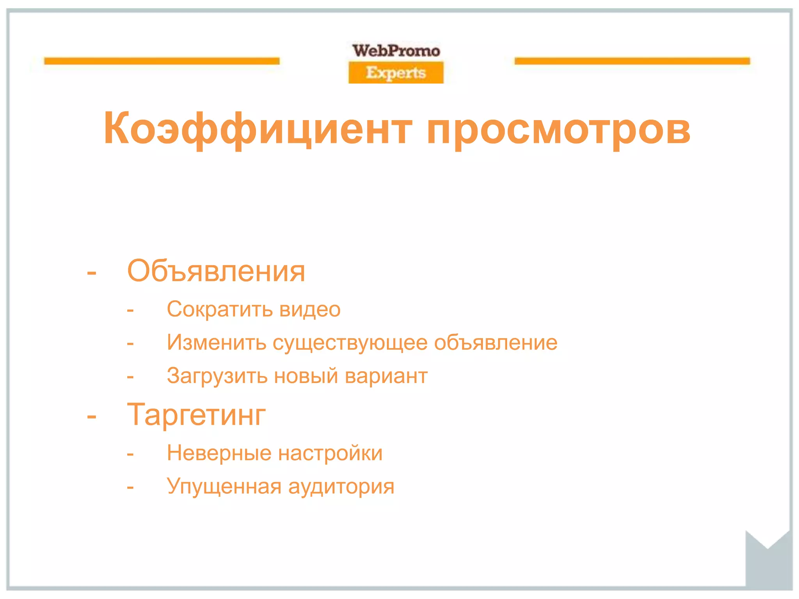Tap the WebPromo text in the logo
pyautogui.click(x=396, y=51)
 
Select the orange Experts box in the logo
pyautogui.click(x=396, y=73)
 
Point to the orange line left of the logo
pyautogui.click(x=162, y=61)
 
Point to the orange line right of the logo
pyautogui.click(x=632, y=61)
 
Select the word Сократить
pyautogui.click(x=220, y=309)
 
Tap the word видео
pyautogui.click(x=310, y=309)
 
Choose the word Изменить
pyautogui.click(x=216, y=342)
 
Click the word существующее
pyautogui.click(x=350, y=343)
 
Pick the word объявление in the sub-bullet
pyautogui.click(x=495, y=342)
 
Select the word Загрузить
pyautogui.click(x=217, y=376)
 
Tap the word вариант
pyautogui.click(x=386, y=376)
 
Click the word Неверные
pyautogui.click(x=219, y=453)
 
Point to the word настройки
pyautogui.click(x=330, y=453)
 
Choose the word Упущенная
pyautogui.click(x=224, y=487)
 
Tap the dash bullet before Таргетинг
pyautogui.click(x=92, y=416)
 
